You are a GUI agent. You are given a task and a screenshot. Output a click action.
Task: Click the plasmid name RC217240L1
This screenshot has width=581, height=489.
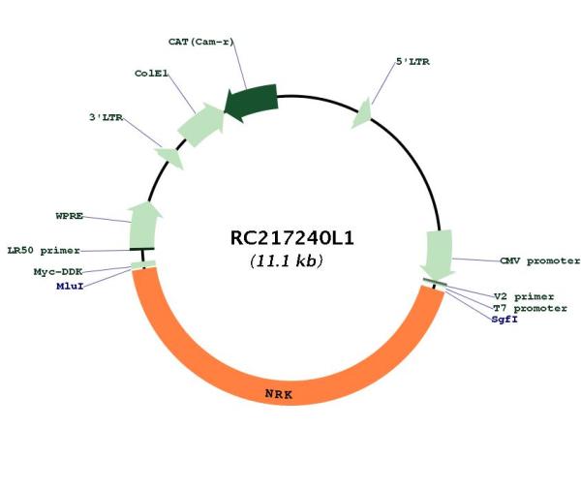coord(292,238)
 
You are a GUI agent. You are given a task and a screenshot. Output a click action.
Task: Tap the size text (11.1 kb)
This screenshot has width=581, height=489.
coord(287,260)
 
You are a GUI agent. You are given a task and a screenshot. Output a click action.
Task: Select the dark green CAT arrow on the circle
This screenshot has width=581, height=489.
coord(252,103)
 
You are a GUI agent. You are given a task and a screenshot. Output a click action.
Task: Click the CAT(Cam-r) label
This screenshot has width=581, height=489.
coord(201,42)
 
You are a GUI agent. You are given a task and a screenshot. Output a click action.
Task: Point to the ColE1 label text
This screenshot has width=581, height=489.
coord(151,74)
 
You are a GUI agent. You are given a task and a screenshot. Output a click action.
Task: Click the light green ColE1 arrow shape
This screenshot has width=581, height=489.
coord(201,125)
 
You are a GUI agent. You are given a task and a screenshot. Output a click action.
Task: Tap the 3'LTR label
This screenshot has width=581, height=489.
coord(106,117)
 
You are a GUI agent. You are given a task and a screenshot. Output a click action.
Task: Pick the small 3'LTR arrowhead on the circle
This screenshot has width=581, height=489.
coord(171,157)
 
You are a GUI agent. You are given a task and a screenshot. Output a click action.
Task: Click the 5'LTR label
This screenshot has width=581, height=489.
coord(413,62)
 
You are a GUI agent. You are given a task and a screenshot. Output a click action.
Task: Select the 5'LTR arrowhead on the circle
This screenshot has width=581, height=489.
coord(362,113)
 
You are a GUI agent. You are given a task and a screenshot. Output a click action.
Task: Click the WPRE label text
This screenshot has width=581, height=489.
coord(70,216)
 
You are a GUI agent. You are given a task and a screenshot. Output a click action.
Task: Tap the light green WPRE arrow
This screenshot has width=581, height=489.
coord(144,226)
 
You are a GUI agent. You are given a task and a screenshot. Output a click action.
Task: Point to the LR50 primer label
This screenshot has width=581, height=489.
coord(44,251)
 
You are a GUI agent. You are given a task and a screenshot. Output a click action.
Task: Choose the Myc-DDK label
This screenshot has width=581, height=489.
coord(58,271)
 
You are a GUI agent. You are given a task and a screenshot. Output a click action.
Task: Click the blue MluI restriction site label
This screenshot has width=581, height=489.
coord(70,286)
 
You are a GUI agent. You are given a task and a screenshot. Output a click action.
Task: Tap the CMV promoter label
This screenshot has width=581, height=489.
coord(540,260)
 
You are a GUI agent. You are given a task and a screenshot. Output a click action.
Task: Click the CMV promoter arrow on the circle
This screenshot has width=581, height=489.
coord(439,255)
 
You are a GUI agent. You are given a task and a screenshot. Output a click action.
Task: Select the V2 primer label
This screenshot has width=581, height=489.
coord(524,296)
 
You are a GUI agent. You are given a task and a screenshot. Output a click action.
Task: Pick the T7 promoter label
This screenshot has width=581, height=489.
coord(530,308)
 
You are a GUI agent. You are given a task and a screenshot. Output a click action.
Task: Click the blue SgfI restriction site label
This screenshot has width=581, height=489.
coord(505,320)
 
